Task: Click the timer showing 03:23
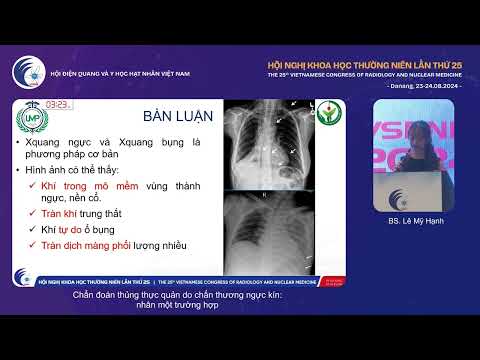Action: tap(57, 104)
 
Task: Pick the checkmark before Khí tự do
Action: tap(35, 228)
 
